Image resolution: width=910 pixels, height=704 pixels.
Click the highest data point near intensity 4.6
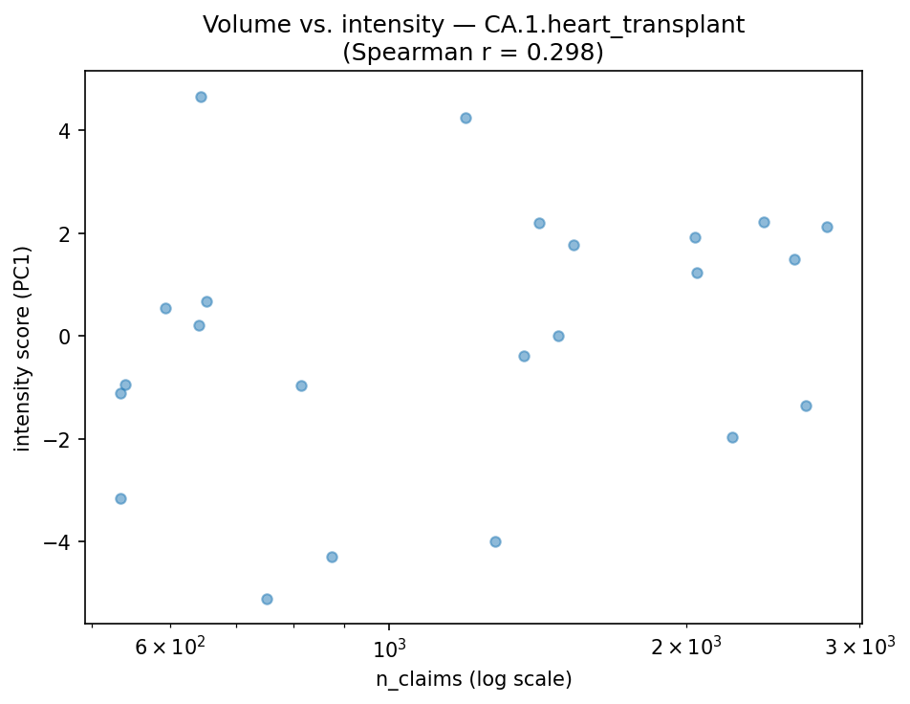pos(201,97)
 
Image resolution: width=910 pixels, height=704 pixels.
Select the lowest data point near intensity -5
pos(267,599)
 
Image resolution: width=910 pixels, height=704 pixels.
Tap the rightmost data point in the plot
pos(827,227)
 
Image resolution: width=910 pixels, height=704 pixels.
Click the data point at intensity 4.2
pos(466,118)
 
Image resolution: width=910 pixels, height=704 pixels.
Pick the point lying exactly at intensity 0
pos(558,336)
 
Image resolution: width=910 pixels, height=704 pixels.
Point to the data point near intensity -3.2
pos(120,498)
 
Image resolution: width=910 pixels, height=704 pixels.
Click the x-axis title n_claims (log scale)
pos(473,679)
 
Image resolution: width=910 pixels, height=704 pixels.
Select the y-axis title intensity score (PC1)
pos(23,348)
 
